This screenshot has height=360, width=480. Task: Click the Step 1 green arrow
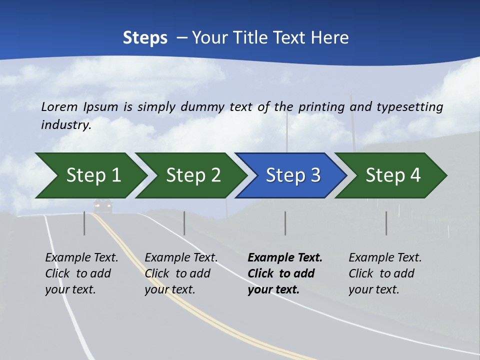[x=90, y=175]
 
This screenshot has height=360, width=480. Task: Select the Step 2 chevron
[x=190, y=175]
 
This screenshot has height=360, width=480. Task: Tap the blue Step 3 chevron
[x=290, y=175]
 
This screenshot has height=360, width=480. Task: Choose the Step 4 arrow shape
[x=390, y=175]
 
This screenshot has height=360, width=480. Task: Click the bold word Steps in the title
[x=145, y=37]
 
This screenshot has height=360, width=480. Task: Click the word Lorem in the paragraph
[x=59, y=106]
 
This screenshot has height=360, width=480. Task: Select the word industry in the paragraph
[x=65, y=124]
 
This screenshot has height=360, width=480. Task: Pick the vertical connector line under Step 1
[x=84, y=223]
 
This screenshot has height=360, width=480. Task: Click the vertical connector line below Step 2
[x=184, y=223]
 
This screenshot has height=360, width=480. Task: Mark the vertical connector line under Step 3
[x=285, y=223]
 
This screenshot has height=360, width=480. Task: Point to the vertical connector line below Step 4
[x=386, y=223]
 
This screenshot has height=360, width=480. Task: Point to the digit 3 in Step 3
[x=315, y=175]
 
